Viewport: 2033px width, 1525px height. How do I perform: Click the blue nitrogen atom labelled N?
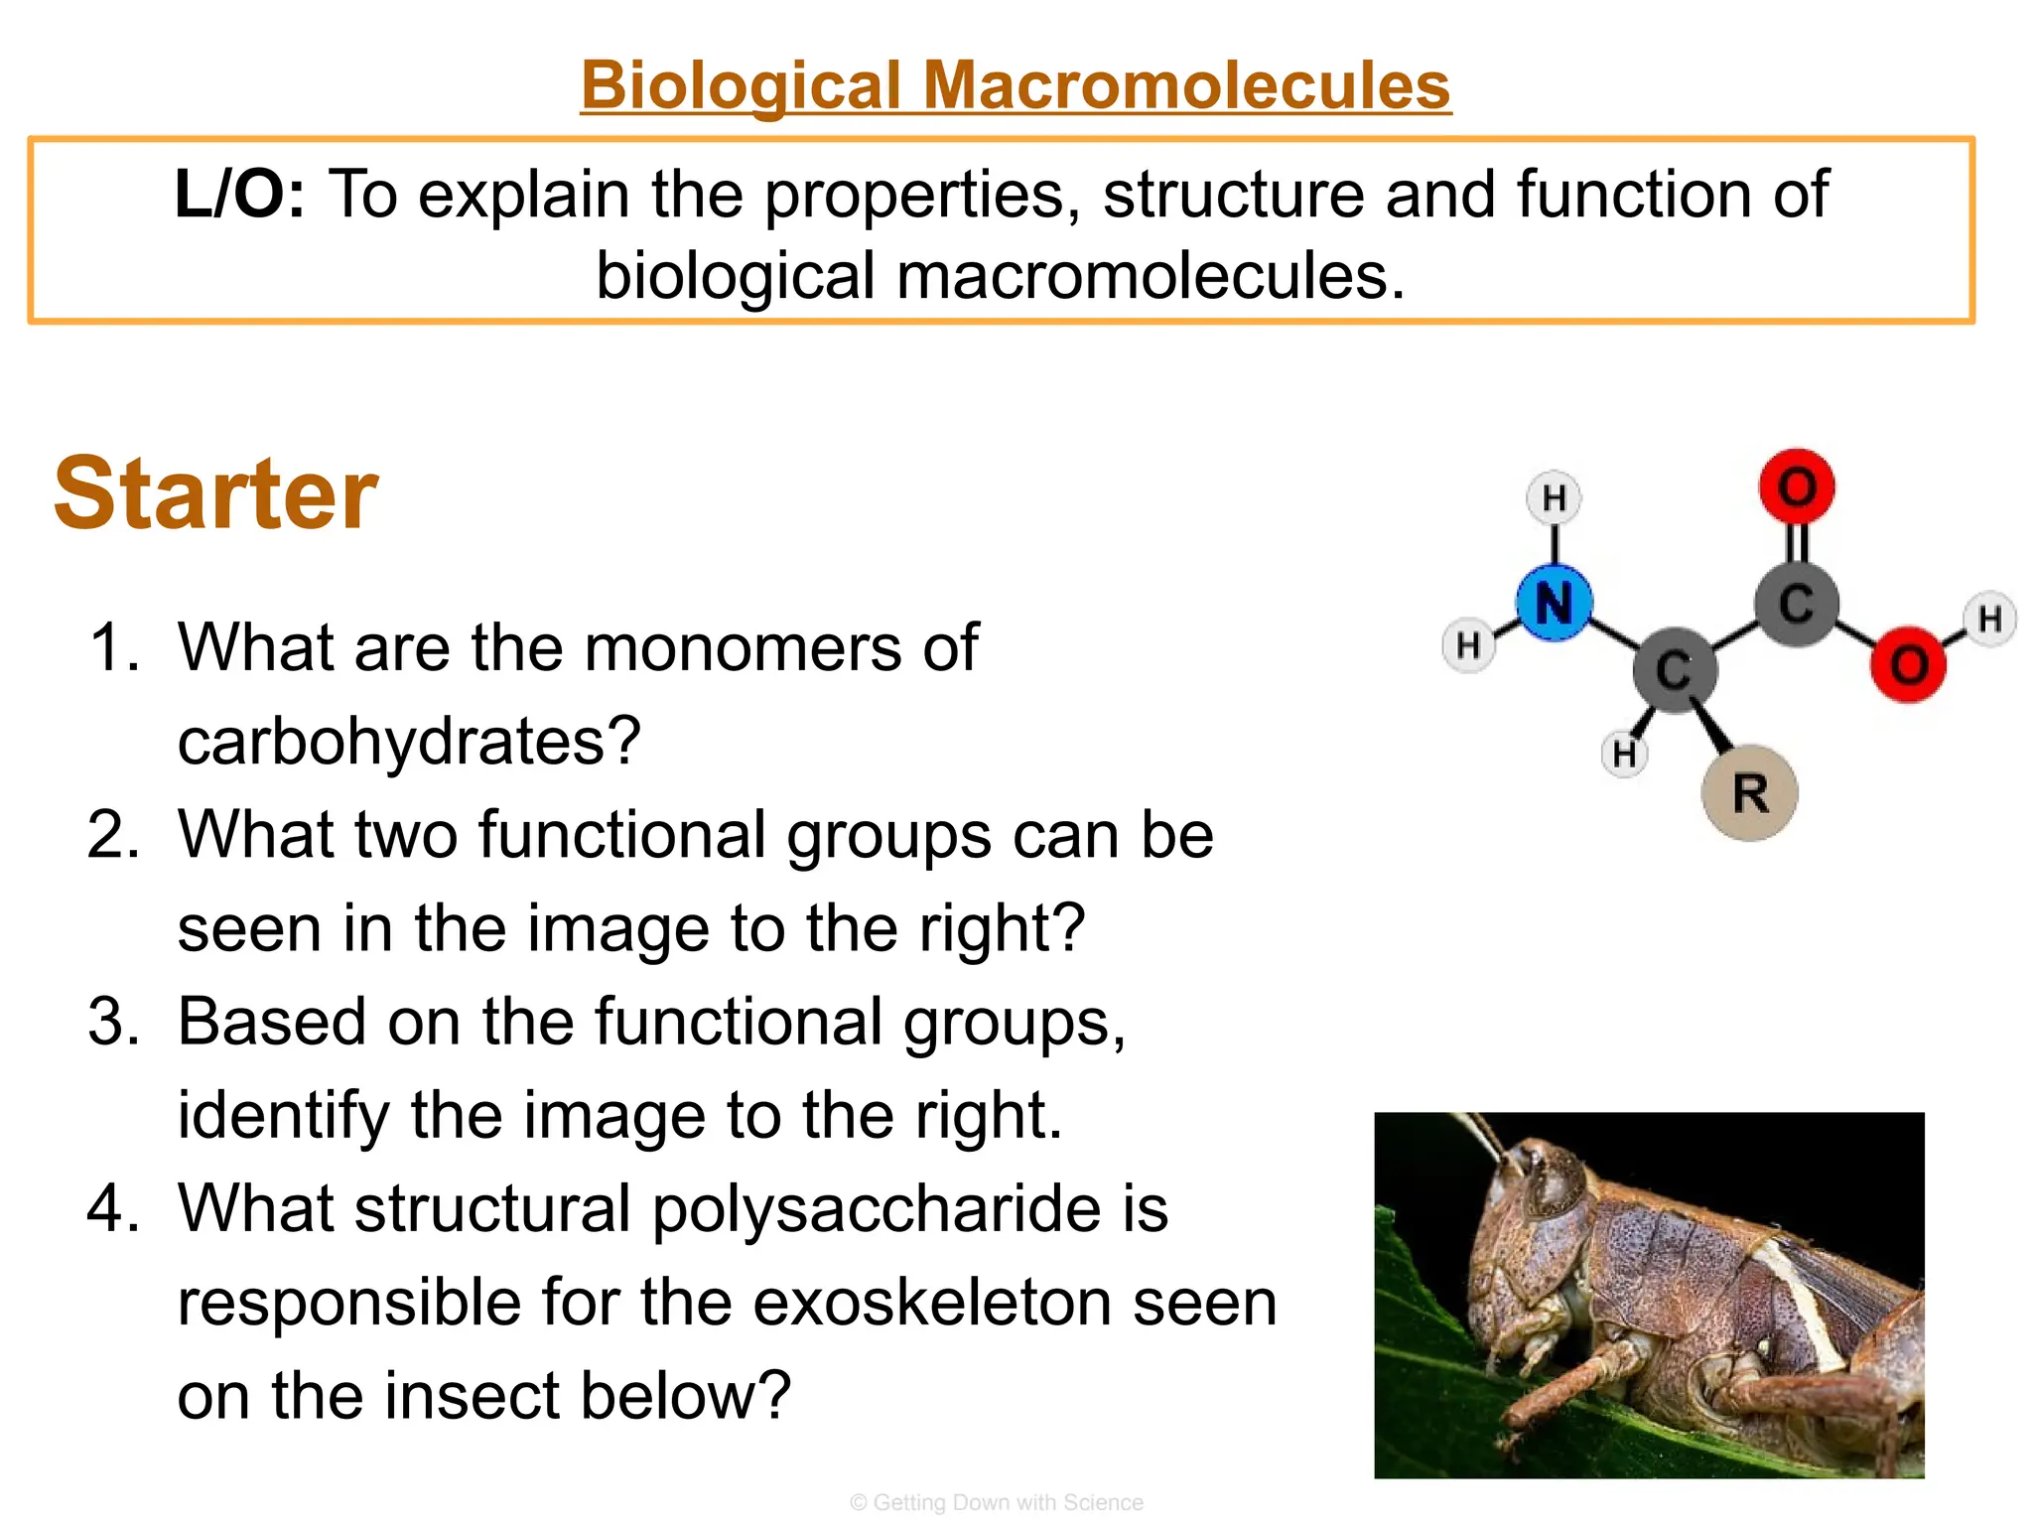click(1554, 604)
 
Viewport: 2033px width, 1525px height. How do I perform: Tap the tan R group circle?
click(1749, 793)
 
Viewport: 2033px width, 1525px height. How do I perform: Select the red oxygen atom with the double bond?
click(1796, 486)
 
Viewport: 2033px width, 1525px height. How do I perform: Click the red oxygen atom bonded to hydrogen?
click(1908, 664)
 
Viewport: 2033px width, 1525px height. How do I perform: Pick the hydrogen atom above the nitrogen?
click(1554, 497)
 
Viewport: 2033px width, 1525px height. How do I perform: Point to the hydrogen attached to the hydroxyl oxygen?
click(1989, 619)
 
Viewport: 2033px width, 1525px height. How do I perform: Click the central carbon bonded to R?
click(1675, 670)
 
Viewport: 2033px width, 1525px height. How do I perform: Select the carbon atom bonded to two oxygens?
click(1796, 604)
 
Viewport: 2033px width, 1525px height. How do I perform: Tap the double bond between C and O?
click(1797, 545)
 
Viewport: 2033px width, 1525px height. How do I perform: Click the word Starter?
click(215, 493)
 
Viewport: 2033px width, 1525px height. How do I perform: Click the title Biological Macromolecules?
click(1016, 85)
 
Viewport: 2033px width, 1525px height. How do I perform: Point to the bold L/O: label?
click(239, 194)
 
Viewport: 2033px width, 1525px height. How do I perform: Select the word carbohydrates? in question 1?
click(409, 741)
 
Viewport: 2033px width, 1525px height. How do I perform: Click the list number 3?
click(113, 1022)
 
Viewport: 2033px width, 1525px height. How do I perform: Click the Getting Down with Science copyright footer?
click(997, 1502)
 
